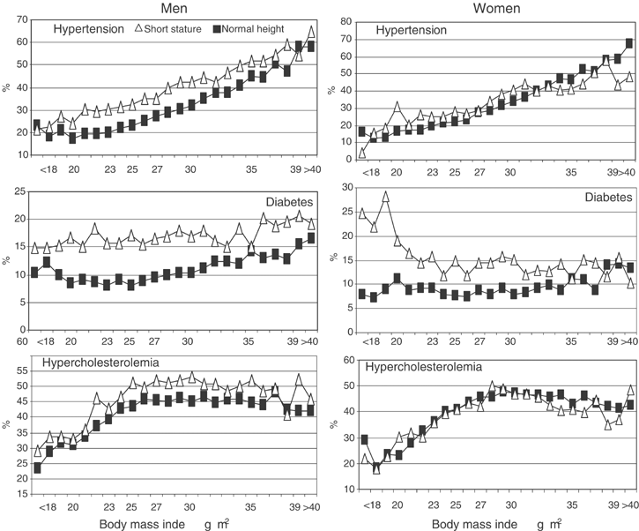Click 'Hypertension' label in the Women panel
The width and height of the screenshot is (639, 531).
pos(412,31)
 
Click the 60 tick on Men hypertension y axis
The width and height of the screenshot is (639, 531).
pos(17,41)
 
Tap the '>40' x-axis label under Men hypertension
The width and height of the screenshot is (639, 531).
pos(309,168)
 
